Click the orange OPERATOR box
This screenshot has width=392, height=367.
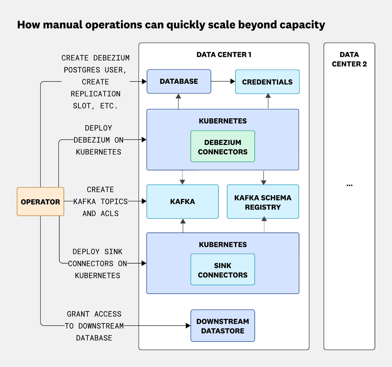pyautogui.click(x=40, y=202)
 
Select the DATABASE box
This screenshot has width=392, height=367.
pyautogui.click(x=179, y=81)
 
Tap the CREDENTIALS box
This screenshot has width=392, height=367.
pyautogui.click(x=267, y=82)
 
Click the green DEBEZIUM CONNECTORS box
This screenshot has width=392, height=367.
pyautogui.click(x=223, y=147)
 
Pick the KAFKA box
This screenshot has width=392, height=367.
pyautogui.click(x=182, y=202)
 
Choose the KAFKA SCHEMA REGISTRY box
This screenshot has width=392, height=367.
pyautogui.click(x=263, y=202)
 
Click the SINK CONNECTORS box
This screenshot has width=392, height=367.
pyautogui.click(x=223, y=270)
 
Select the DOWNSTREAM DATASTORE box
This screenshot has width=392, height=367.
pyautogui.click(x=223, y=326)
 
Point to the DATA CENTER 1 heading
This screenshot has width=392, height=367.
pyautogui.click(x=224, y=55)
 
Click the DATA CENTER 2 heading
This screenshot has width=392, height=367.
pyautogui.click(x=349, y=59)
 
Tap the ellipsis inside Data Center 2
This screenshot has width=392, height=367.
pyautogui.click(x=349, y=185)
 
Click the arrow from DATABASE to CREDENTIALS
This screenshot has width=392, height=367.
pyautogui.click(x=223, y=81)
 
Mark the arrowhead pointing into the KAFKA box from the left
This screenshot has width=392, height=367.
pyautogui.click(x=144, y=201)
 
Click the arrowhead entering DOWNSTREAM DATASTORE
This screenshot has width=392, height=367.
pyautogui.click(x=188, y=326)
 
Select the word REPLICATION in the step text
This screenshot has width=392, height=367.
pyautogui.click(x=95, y=94)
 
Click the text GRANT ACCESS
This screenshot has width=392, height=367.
pyautogui.click(x=94, y=314)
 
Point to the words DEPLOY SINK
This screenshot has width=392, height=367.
pyautogui.click(x=97, y=252)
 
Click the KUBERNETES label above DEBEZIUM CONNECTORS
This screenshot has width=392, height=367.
pyautogui.click(x=223, y=121)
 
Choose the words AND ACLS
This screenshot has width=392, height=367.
pyautogui.click(x=100, y=214)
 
